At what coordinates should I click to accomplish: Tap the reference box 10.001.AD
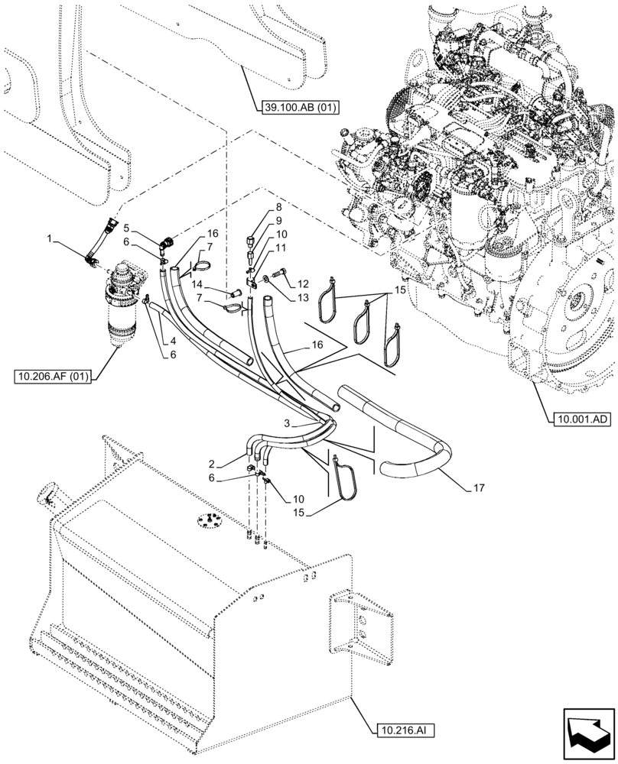pyautogui.click(x=577, y=419)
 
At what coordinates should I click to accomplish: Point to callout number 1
pyautogui.click(x=50, y=239)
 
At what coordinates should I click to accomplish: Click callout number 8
pyautogui.click(x=258, y=206)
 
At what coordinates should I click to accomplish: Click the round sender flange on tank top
pyautogui.click(x=204, y=520)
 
